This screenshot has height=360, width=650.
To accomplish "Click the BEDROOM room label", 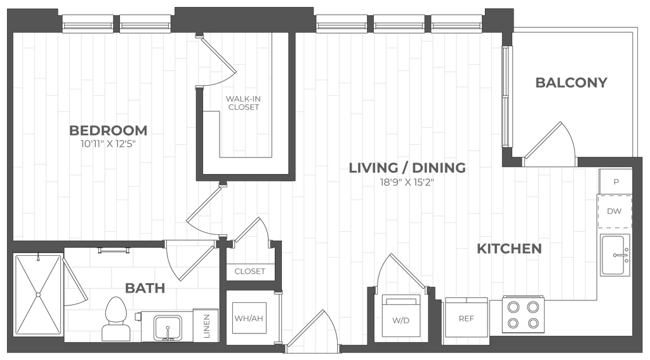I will click(109, 131).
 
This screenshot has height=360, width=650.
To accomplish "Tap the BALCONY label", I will click(572, 83).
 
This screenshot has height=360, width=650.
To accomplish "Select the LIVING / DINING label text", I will click(408, 168).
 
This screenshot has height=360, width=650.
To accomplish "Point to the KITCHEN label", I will click(510, 249).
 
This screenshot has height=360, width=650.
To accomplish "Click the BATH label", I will click(145, 288).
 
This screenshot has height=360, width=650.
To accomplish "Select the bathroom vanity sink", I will click(168, 328).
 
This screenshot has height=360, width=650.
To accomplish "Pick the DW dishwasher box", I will click(615, 211).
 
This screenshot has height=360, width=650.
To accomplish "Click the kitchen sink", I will click(615, 255).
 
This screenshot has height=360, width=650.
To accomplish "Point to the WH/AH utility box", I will click(249, 317).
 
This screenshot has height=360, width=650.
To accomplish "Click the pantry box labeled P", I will click(615, 182).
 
